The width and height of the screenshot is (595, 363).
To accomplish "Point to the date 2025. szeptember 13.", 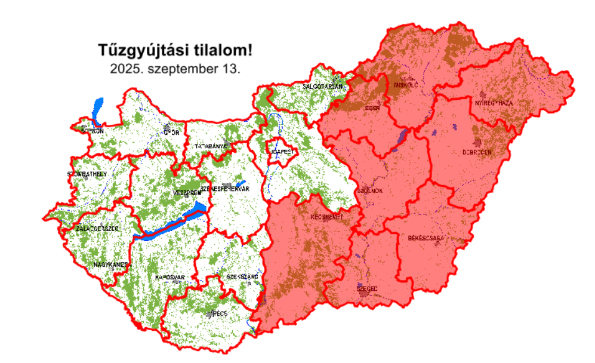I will tap(175, 69).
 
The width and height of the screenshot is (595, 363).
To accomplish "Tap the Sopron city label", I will tap(93, 130).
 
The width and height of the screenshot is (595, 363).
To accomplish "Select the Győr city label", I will tap(171, 133).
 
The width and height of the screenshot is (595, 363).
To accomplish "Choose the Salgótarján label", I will tap(323, 87).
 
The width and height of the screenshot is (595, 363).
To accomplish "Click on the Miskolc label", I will tap(406, 85).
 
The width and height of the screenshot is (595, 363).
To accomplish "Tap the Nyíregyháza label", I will tap(494, 103).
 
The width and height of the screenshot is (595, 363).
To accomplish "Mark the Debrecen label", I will tap(477, 152).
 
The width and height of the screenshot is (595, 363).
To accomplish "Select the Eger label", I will tap(372, 108).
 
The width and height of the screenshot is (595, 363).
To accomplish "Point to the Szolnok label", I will tap(369, 191).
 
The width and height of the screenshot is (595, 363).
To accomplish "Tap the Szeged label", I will tap(367, 288).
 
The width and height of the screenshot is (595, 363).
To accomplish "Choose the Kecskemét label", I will tap(326, 217).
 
